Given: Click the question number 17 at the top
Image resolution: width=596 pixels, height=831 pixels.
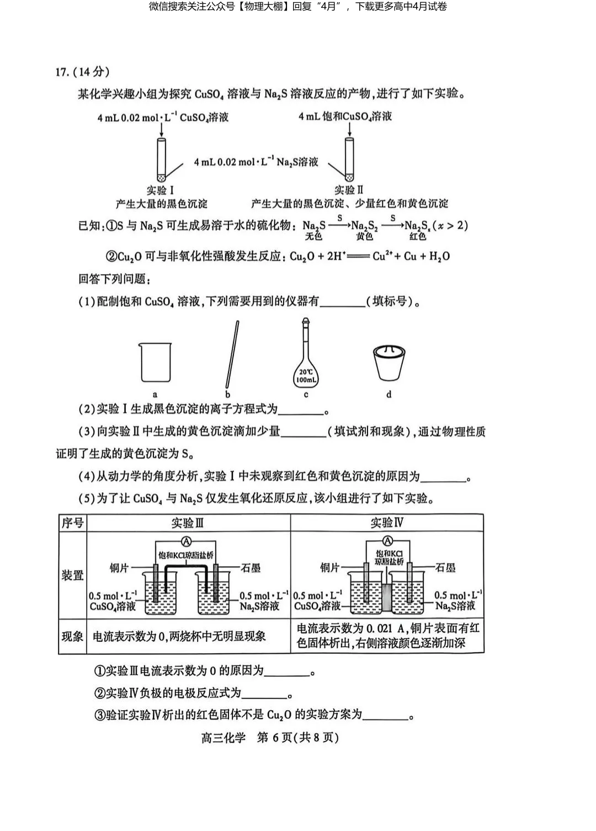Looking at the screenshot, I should (62, 72).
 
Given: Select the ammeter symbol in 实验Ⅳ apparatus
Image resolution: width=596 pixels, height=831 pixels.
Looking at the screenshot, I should (387, 540).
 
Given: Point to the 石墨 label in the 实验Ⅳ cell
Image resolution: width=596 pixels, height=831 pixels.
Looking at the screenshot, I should (446, 567).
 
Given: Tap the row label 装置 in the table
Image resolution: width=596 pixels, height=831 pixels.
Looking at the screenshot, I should (72, 575).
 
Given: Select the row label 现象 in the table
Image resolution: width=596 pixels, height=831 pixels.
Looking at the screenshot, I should (72, 636).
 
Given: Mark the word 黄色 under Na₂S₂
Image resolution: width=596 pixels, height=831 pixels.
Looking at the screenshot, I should (364, 236).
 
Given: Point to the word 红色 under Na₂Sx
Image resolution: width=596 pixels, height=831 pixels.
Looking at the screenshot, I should (418, 236).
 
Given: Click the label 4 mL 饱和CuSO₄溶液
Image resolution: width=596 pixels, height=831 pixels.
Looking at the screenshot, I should (345, 116).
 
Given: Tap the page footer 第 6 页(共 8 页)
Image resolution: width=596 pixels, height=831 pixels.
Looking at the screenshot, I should (297, 738).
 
